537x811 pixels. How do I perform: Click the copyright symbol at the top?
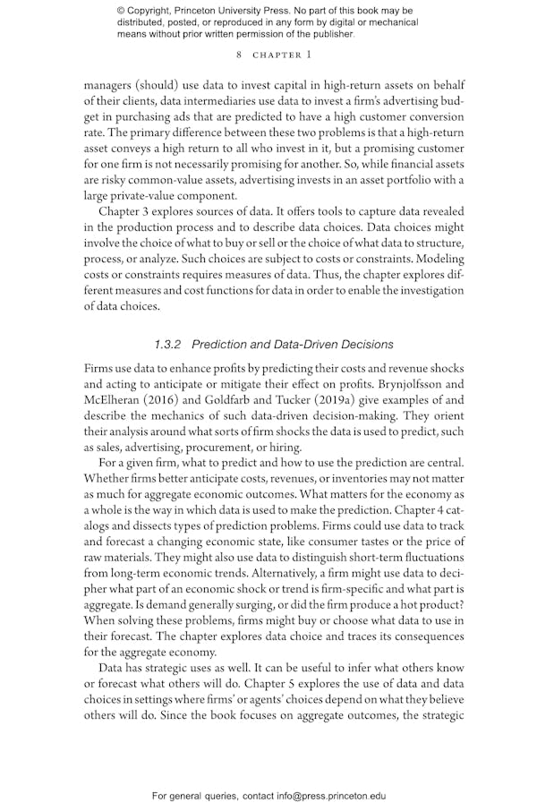(x=121, y=11)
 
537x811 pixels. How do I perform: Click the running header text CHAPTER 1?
(x=283, y=55)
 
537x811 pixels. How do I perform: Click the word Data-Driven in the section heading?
(x=302, y=344)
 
